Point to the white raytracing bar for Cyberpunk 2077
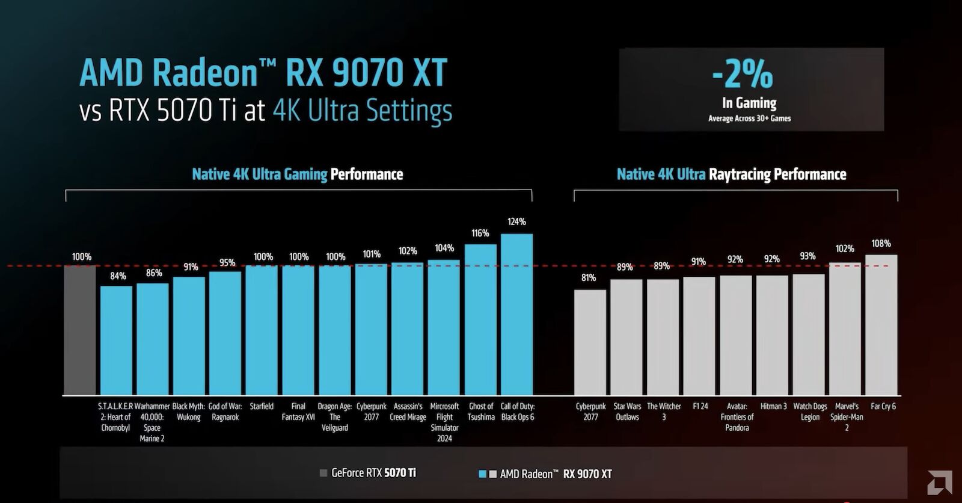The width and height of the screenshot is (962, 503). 590,342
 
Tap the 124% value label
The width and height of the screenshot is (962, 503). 516,222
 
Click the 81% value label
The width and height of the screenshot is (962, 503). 589,278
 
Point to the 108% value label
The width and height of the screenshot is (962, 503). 881,244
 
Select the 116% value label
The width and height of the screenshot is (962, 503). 480,233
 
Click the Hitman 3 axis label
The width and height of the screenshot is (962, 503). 773,407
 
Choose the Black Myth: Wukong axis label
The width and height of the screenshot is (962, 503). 189,412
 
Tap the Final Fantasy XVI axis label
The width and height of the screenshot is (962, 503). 298,412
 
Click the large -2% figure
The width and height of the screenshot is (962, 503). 743,75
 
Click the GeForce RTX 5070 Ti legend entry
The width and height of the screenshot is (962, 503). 368,473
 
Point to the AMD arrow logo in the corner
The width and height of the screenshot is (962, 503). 939,483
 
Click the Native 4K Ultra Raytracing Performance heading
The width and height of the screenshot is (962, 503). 731,174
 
